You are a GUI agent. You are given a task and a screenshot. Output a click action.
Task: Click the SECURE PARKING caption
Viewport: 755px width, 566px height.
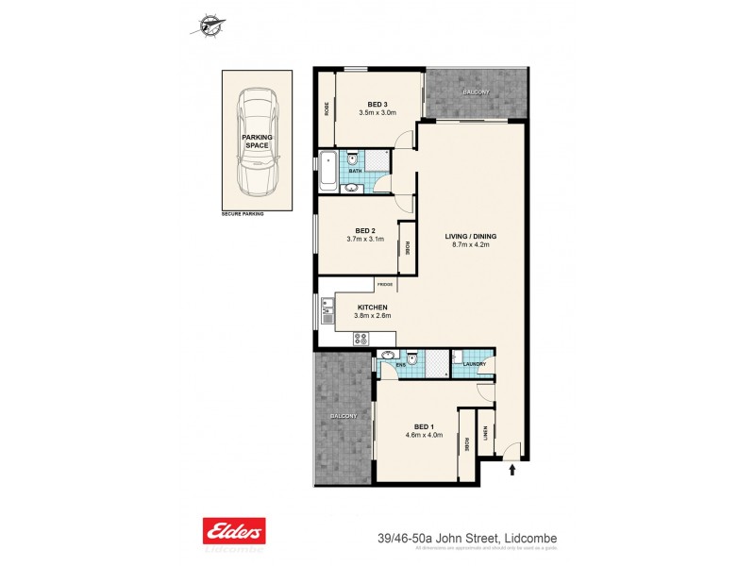coord(243,214)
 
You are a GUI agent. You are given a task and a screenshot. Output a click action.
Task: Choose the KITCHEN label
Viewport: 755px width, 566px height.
coord(372,308)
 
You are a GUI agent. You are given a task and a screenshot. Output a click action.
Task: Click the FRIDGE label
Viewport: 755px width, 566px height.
coord(384,284)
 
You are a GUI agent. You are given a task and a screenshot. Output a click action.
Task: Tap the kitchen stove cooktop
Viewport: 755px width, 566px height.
coord(360,341)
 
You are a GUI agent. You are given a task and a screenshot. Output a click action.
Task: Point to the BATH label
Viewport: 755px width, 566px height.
coord(368,171)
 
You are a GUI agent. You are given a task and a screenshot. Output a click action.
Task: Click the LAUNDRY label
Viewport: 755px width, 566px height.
coord(475,363)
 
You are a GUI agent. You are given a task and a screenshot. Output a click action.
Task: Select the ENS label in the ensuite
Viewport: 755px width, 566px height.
coord(400,363)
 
